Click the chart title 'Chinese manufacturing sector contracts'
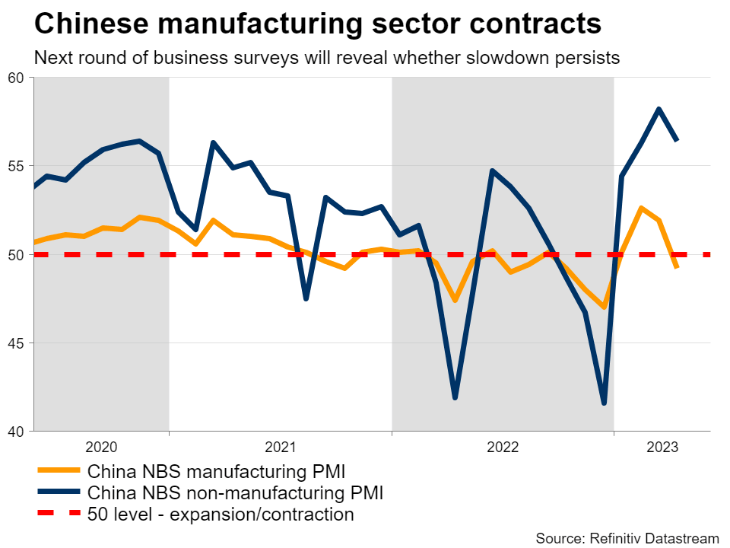tap(318, 24)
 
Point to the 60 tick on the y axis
tap(17, 78)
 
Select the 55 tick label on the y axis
tap(17, 166)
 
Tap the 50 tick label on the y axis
tap(17, 254)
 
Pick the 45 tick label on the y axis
tap(17, 343)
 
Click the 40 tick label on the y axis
tap(17, 432)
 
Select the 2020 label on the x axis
tap(101, 446)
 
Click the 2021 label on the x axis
tap(280, 446)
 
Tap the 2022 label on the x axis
tap(503, 446)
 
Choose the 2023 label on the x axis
tap(662, 446)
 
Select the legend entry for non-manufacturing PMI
tap(235, 492)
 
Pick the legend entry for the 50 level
tap(221, 515)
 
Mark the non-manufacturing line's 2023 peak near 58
tap(659, 109)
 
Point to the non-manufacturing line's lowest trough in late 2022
tap(604, 403)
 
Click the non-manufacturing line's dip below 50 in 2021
tap(306, 298)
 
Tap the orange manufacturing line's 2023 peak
tap(641, 208)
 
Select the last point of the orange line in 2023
tap(677, 267)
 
